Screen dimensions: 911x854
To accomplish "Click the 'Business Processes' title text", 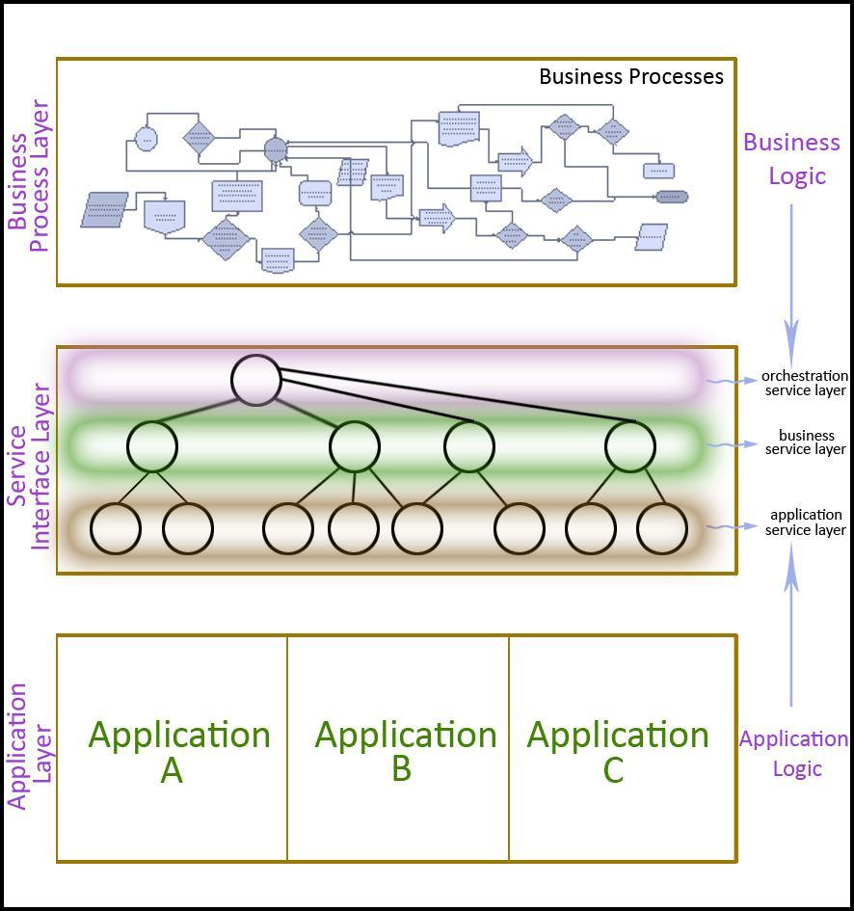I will [x=630, y=77].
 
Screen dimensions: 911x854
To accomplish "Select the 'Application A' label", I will [x=178, y=751].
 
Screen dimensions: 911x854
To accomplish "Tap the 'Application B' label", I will [x=405, y=751].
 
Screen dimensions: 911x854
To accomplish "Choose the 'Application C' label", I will [x=617, y=751].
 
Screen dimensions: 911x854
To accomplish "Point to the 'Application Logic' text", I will [x=794, y=753].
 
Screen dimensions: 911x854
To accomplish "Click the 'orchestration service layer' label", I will [x=805, y=383].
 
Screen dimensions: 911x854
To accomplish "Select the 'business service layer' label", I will [x=806, y=442].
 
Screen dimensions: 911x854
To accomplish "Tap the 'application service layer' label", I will [x=806, y=522].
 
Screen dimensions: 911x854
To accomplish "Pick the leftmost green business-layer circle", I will [x=152, y=446].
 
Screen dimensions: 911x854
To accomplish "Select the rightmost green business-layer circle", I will [x=630, y=446].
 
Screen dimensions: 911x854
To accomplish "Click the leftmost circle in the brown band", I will [x=116, y=528].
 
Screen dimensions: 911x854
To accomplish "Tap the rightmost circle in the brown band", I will [x=662, y=528].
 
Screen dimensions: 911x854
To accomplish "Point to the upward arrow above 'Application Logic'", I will [x=791, y=627].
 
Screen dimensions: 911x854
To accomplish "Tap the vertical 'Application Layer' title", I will [x=29, y=746].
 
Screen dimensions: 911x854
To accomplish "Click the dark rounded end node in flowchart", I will [x=672, y=198].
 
